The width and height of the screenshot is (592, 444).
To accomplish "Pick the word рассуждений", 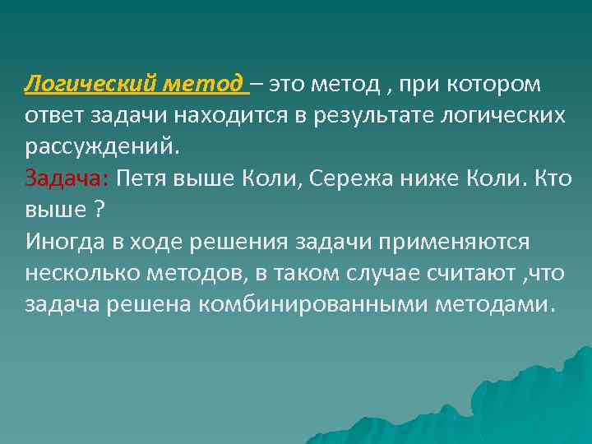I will coord(100,146).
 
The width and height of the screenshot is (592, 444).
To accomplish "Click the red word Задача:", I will coord(68,178).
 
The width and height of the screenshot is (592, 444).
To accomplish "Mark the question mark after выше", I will coord(99,209).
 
